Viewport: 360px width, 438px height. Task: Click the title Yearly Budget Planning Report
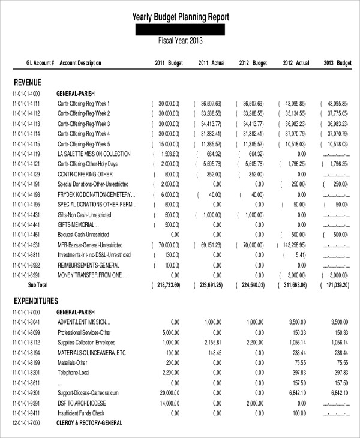click(181, 17)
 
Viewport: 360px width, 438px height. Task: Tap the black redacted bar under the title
click(181, 30)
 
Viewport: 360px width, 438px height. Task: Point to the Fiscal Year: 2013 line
click(181, 41)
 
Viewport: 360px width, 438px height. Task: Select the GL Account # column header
click(40, 63)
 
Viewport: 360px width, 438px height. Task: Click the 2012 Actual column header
click(296, 63)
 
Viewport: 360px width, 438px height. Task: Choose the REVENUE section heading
click(27, 82)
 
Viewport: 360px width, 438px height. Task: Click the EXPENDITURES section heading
click(35, 301)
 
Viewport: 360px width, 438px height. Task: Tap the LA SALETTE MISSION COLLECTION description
click(94, 154)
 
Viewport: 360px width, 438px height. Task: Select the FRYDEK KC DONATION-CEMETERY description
click(96, 195)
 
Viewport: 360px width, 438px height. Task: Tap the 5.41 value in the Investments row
click(300, 255)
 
